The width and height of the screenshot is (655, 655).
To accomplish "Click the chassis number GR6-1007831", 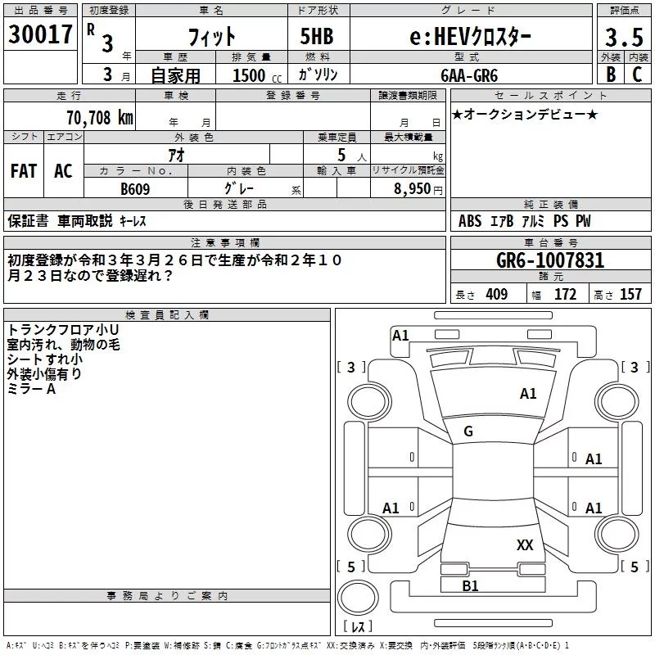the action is click(550, 261).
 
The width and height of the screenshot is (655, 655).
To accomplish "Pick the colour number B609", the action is click(136, 188).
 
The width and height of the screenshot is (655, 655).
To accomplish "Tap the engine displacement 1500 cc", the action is click(254, 75).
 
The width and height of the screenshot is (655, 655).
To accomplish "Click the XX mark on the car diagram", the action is click(525, 544).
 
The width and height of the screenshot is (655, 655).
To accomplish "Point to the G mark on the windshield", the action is click(468, 431).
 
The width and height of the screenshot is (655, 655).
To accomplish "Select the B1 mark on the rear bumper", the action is click(471, 586).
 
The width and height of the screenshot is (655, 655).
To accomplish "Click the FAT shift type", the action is click(24, 171).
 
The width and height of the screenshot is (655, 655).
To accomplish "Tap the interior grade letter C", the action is click(637, 75).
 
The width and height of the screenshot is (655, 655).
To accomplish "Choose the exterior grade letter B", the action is click(611, 75).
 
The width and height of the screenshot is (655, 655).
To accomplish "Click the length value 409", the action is click(496, 294).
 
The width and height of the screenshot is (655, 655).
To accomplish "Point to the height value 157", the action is click(630, 294).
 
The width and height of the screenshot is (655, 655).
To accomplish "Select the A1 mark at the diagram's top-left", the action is click(400, 335).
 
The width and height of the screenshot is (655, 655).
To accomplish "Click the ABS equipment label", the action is click(470, 221).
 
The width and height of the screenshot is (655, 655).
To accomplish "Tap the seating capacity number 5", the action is click(341, 155).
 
